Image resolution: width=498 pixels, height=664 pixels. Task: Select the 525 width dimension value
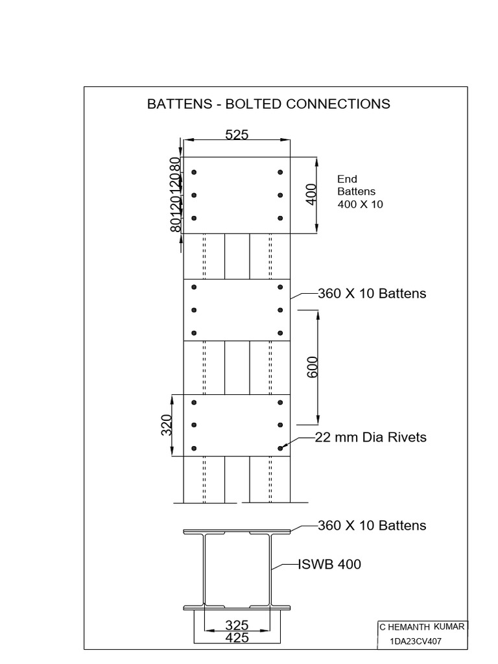pyautogui.click(x=237, y=134)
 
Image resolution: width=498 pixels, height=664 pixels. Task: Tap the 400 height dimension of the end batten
pyautogui.click(x=311, y=195)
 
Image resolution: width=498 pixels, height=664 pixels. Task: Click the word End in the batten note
pyautogui.click(x=348, y=179)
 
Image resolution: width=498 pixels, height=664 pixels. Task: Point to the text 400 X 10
pyautogui.click(x=360, y=204)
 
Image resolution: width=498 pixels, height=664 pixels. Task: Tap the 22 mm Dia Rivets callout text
pyautogui.click(x=370, y=437)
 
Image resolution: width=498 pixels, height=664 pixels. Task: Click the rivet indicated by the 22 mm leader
pyautogui.click(x=280, y=447)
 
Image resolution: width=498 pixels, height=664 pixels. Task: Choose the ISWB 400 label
pyautogui.click(x=329, y=564)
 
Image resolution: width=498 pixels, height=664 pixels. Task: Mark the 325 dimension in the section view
pyautogui.click(x=237, y=626)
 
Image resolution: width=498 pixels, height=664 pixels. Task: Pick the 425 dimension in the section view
pyautogui.click(x=237, y=638)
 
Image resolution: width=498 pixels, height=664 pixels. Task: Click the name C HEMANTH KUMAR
pyautogui.click(x=421, y=627)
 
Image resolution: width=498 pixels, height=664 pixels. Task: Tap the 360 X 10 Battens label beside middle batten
pyautogui.click(x=372, y=293)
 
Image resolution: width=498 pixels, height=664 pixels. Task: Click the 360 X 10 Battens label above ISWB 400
pyautogui.click(x=372, y=525)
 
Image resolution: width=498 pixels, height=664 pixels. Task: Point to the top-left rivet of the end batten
pyautogui.click(x=194, y=172)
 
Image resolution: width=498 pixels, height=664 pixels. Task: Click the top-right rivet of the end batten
pyautogui.click(x=280, y=172)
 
